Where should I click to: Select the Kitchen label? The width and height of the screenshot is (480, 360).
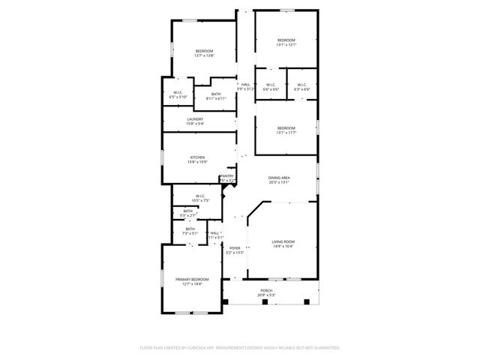(x=196, y=157)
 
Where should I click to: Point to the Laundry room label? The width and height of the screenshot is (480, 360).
(x=195, y=118)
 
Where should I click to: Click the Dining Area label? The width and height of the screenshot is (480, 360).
(x=280, y=177)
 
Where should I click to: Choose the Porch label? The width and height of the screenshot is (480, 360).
(x=266, y=290)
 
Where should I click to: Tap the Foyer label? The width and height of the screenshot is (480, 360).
(x=235, y=247)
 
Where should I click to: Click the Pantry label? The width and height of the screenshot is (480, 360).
(x=227, y=176)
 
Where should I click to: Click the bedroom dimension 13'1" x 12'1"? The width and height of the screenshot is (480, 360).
(x=286, y=45)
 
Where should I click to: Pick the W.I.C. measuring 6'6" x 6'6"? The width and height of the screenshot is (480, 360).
(x=271, y=89)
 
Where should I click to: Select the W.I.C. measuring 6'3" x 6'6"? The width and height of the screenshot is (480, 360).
(x=302, y=89)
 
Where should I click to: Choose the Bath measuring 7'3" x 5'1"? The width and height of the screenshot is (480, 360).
(x=190, y=233)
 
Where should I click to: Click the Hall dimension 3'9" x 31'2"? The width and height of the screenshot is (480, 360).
(x=245, y=89)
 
